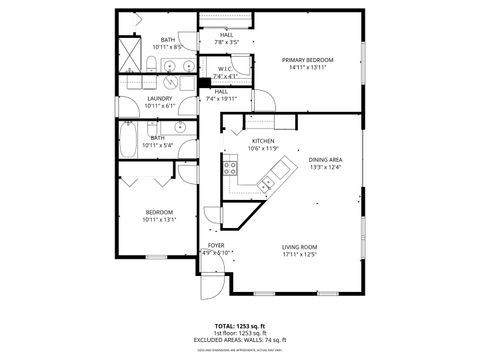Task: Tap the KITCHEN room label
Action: pos(263,141)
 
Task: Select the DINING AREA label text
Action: pos(325,160)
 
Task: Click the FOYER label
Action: pos(216,245)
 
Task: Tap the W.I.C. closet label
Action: pos(225,69)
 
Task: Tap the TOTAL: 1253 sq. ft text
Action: pos(240,326)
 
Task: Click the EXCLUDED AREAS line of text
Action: pos(240,341)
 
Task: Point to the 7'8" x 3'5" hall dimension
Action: pos(225,43)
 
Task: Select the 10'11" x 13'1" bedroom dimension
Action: pos(160,220)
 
